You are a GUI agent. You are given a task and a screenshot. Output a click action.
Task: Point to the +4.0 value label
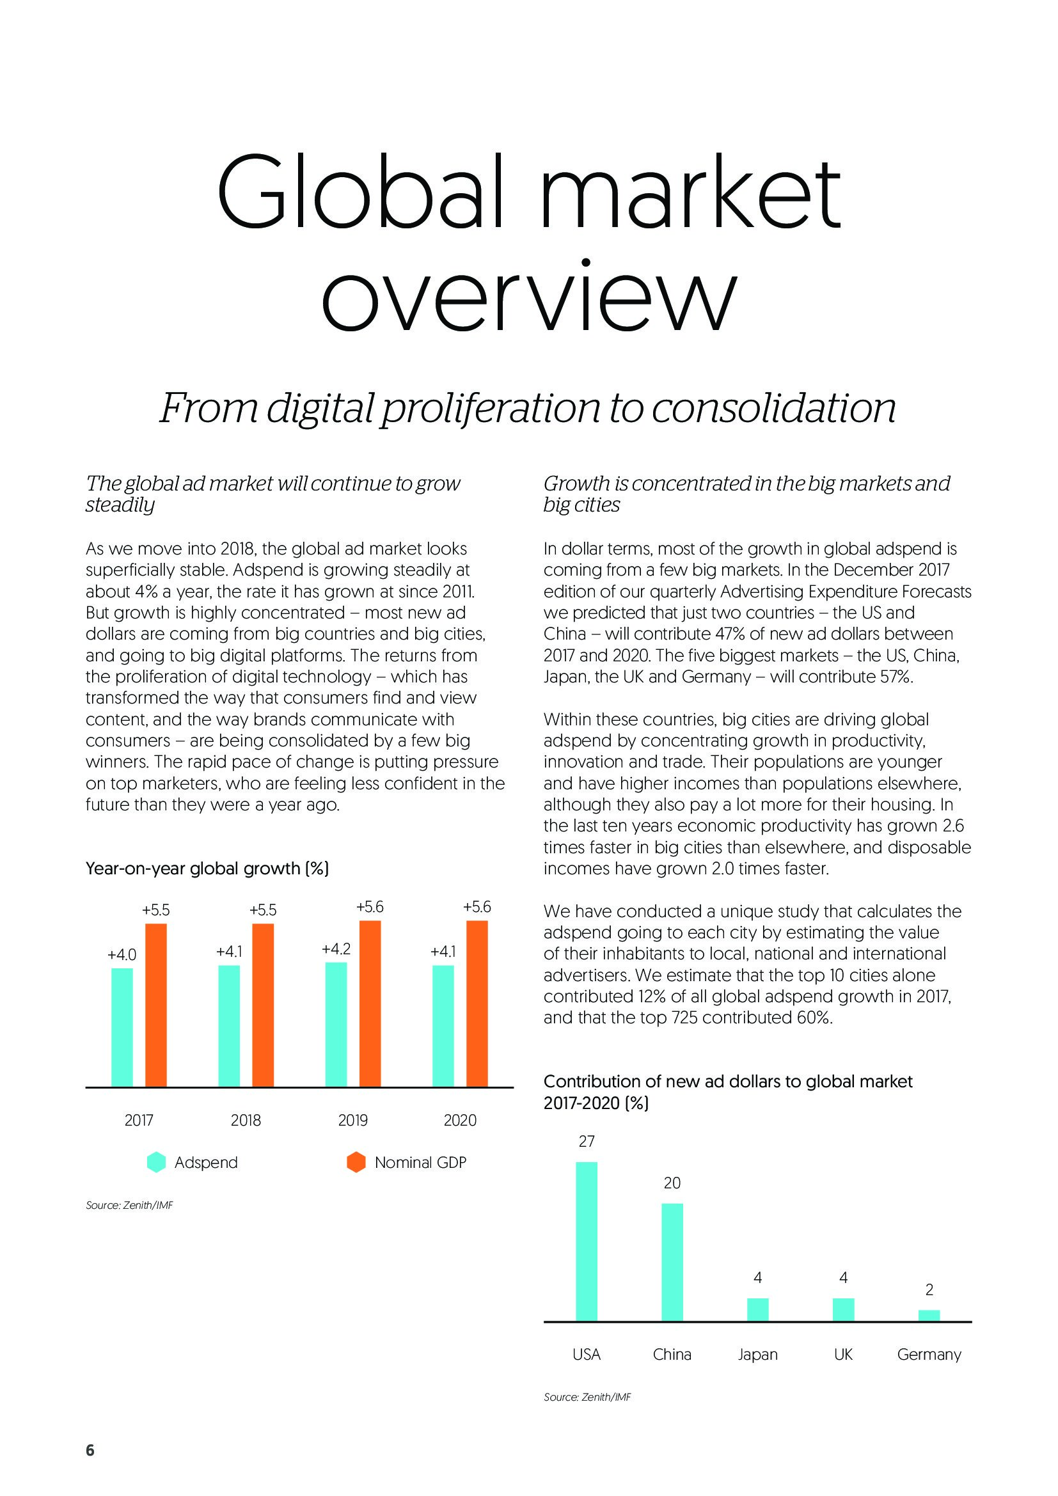tap(122, 954)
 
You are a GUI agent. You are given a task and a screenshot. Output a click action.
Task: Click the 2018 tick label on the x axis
tap(246, 1120)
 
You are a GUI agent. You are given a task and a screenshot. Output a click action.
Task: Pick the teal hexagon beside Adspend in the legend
tap(156, 1162)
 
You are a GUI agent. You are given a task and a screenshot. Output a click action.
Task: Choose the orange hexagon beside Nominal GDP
tap(356, 1162)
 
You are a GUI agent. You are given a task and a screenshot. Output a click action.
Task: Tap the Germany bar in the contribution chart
tap(929, 1316)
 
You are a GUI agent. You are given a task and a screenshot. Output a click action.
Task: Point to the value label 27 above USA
tap(587, 1141)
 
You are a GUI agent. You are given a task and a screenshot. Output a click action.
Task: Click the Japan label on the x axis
tap(757, 1355)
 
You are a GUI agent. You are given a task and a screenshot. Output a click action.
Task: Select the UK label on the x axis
tap(843, 1355)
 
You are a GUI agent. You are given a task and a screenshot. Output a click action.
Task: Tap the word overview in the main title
tap(528, 297)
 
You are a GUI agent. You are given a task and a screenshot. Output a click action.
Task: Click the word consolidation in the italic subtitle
tap(773, 408)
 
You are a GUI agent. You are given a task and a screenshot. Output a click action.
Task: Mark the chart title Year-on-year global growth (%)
tap(207, 869)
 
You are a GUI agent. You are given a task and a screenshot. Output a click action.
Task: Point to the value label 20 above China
tap(672, 1183)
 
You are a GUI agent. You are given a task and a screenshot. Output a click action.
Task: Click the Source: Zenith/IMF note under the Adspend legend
tap(130, 1206)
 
